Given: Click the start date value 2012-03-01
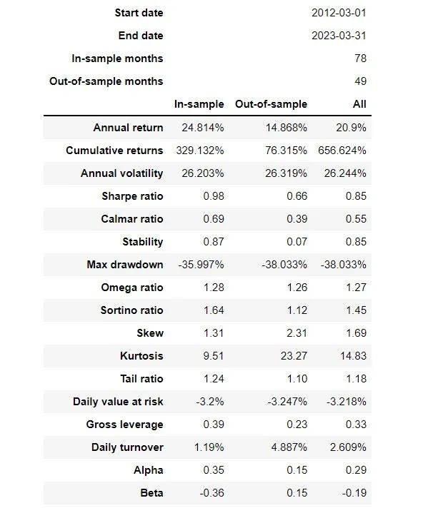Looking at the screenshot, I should (x=339, y=13).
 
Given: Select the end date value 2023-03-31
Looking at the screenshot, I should (x=339, y=36).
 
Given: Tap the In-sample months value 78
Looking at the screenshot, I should (x=359, y=59).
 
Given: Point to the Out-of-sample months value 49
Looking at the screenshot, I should (x=359, y=81).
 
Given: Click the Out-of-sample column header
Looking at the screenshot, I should (x=271, y=104).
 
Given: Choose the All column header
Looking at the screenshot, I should (x=359, y=104).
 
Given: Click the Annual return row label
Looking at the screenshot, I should (x=128, y=128).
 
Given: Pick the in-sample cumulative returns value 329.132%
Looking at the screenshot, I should (x=199, y=151).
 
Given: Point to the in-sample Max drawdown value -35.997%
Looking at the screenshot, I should (x=201, y=265).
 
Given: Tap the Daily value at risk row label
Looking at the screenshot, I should (x=118, y=402).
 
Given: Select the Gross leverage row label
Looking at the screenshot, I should (x=124, y=425).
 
